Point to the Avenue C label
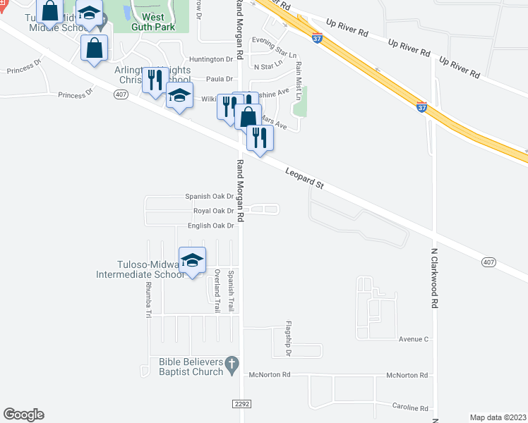[x=414, y=339]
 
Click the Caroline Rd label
[x=410, y=408]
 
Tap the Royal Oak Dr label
[x=213, y=211]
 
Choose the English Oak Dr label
[x=210, y=226]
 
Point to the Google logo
[x=23, y=415]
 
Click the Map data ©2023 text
[x=498, y=417]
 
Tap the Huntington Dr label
[x=211, y=60]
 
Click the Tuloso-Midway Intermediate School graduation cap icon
[x=192, y=260]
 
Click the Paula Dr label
[x=219, y=80]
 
